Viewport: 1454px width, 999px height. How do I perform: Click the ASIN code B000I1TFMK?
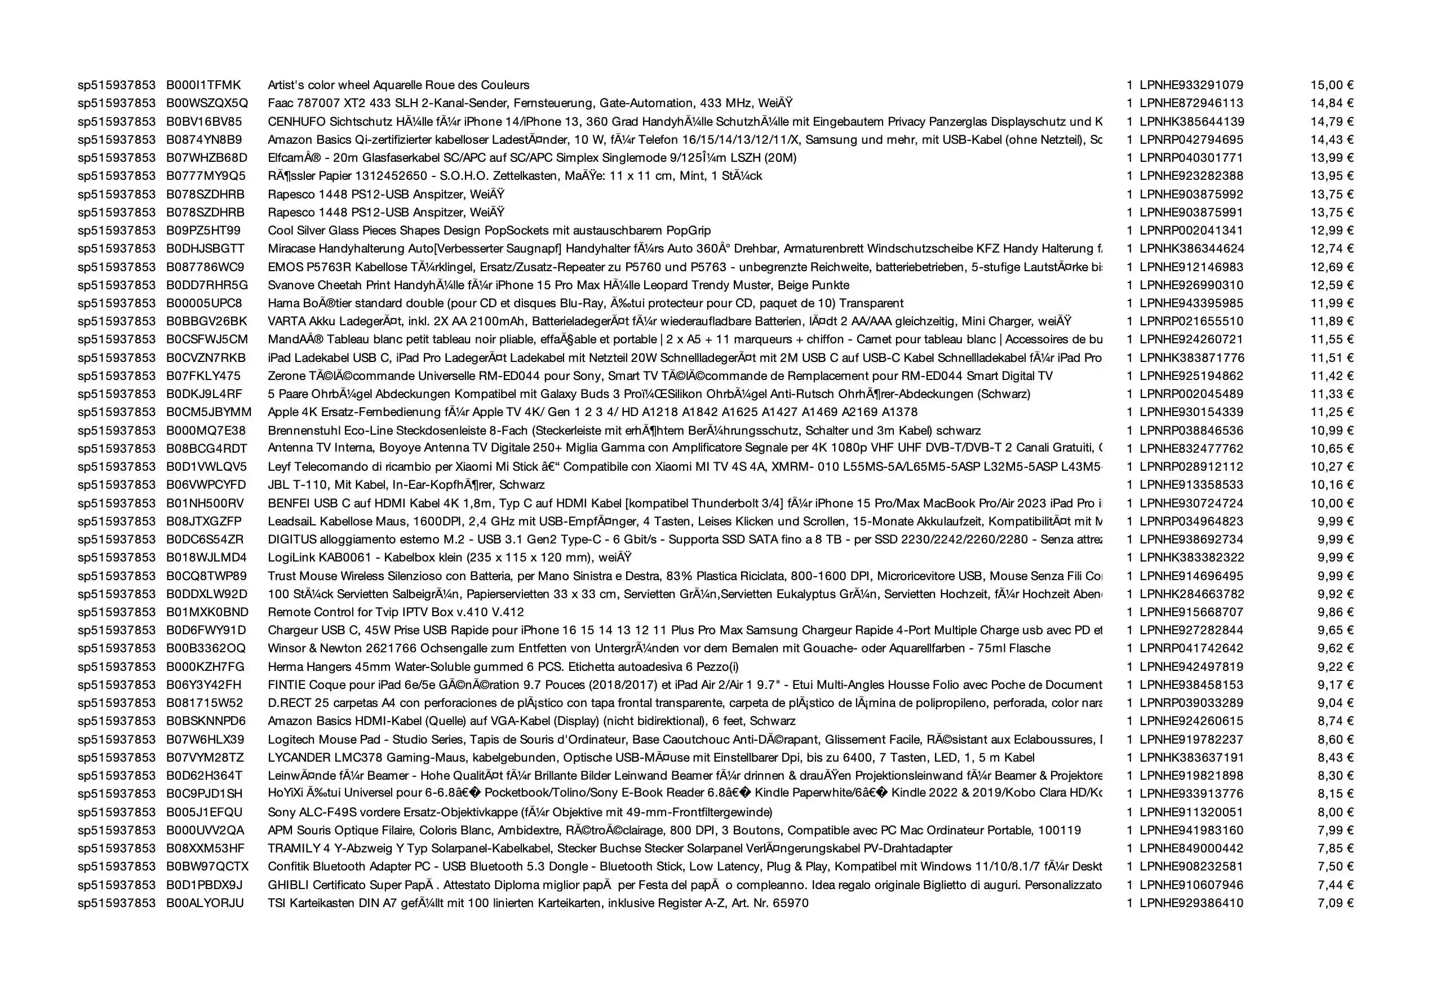click(203, 85)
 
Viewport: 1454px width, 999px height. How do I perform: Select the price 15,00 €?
click(1332, 85)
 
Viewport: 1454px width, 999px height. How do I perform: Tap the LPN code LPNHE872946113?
click(1191, 103)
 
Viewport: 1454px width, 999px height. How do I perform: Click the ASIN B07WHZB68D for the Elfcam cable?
click(206, 158)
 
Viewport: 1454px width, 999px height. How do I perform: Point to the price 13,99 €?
click(1332, 158)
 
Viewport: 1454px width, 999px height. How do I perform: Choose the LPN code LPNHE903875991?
click(1191, 212)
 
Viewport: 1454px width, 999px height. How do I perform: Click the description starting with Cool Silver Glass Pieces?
click(489, 231)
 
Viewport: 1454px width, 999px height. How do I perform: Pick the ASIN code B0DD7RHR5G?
click(207, 285)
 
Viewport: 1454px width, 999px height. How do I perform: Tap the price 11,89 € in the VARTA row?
click(1332, 321)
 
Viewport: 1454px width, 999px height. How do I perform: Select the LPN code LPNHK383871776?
click(1192, 358)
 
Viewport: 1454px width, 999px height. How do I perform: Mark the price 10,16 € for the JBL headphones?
click(1332, 485)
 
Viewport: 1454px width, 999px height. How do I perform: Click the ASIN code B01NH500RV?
click(205, 503)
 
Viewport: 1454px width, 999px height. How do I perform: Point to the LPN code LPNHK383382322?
click(1192, 558)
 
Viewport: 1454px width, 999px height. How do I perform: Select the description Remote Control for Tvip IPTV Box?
click(396, 612)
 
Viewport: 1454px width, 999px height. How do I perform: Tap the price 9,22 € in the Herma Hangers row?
click(1335, 666)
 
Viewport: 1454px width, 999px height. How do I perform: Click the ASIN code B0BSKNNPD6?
click(206, 721)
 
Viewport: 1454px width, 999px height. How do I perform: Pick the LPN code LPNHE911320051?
click(1191, 812)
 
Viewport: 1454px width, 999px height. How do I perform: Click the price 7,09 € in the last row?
click(1335, 903)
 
